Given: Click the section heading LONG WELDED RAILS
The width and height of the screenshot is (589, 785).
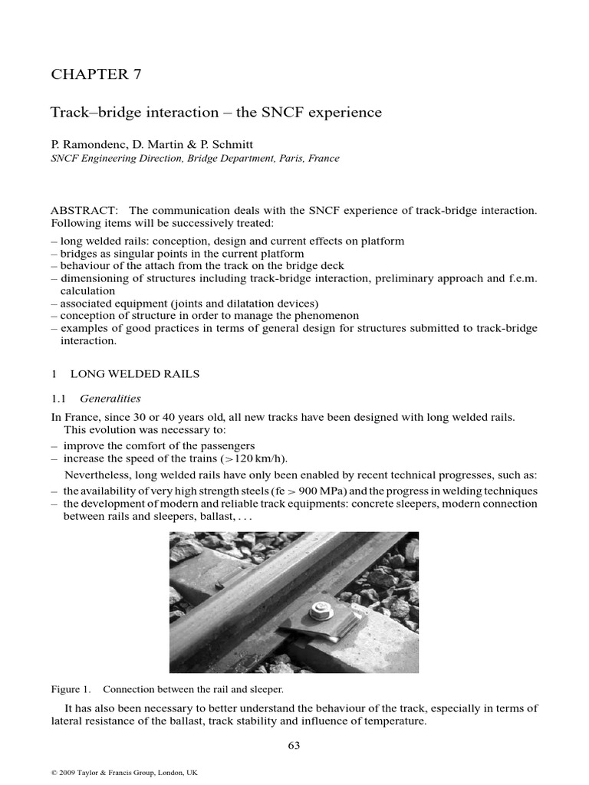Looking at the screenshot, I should (x=135, y=374).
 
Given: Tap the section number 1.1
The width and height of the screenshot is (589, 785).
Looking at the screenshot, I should (x=59, y=399).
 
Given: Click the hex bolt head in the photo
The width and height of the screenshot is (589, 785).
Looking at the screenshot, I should (x=317, y=611).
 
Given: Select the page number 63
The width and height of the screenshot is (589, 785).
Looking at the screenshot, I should (x=294, y=746).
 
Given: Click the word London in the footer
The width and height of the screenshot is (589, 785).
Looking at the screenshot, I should (x=166, y=773).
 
